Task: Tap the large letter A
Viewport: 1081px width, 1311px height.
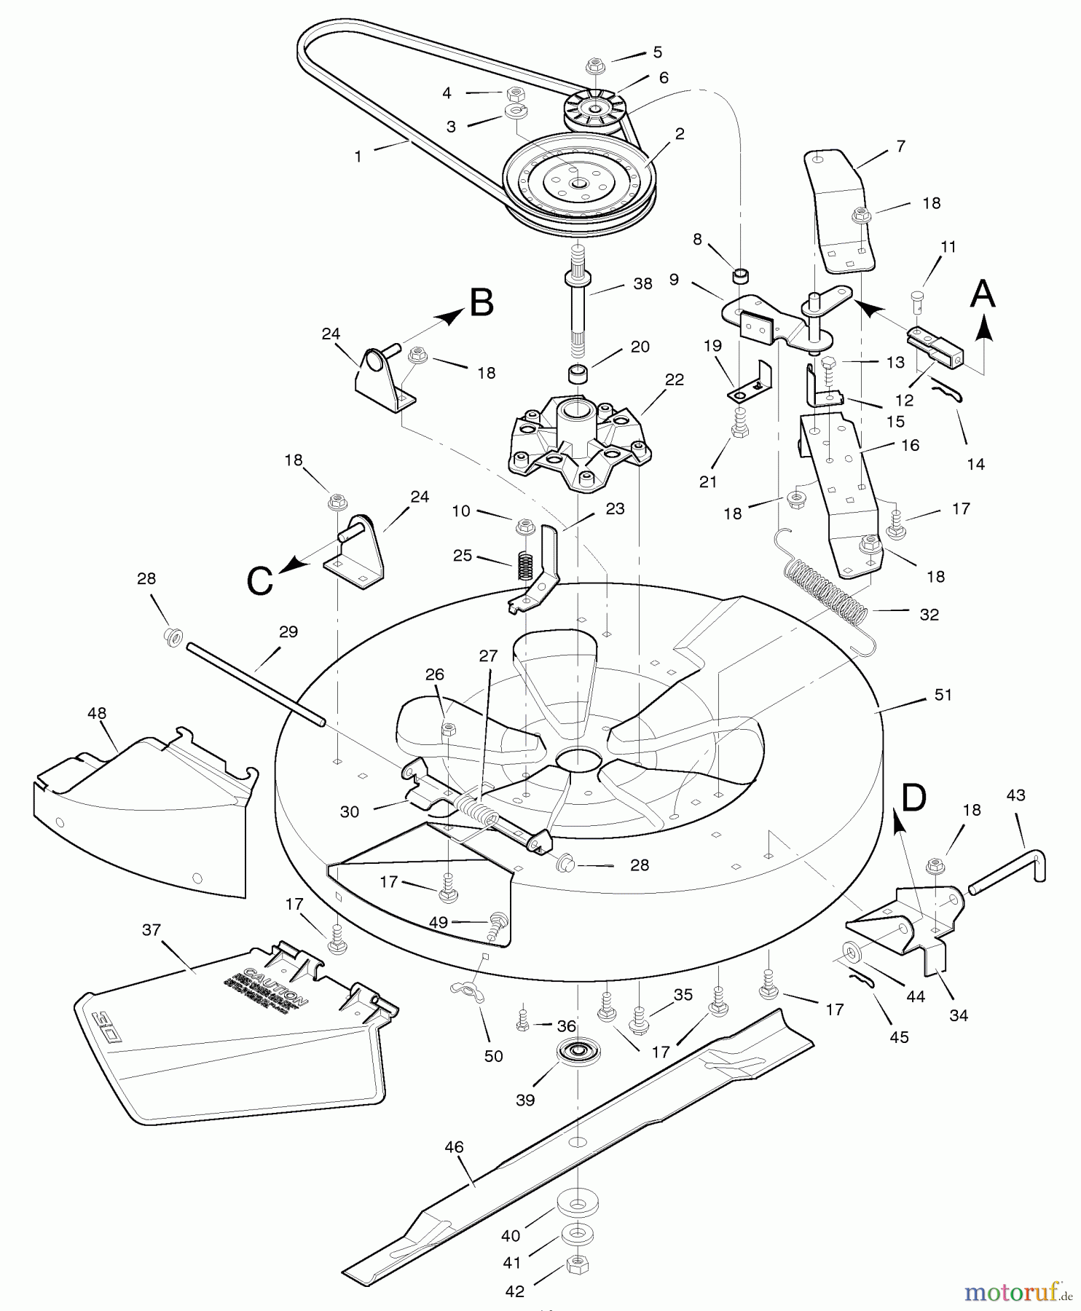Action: point(982,294)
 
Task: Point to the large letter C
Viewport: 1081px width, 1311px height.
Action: point(260,580)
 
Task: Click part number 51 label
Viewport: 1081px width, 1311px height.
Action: point(943,695)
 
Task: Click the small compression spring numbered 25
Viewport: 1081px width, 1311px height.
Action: point(526,565)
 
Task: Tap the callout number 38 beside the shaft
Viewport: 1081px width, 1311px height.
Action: point(642,284)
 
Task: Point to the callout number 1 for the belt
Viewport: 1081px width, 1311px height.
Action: point(358,157)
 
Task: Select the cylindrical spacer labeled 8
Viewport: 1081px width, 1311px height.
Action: point(741,276)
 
